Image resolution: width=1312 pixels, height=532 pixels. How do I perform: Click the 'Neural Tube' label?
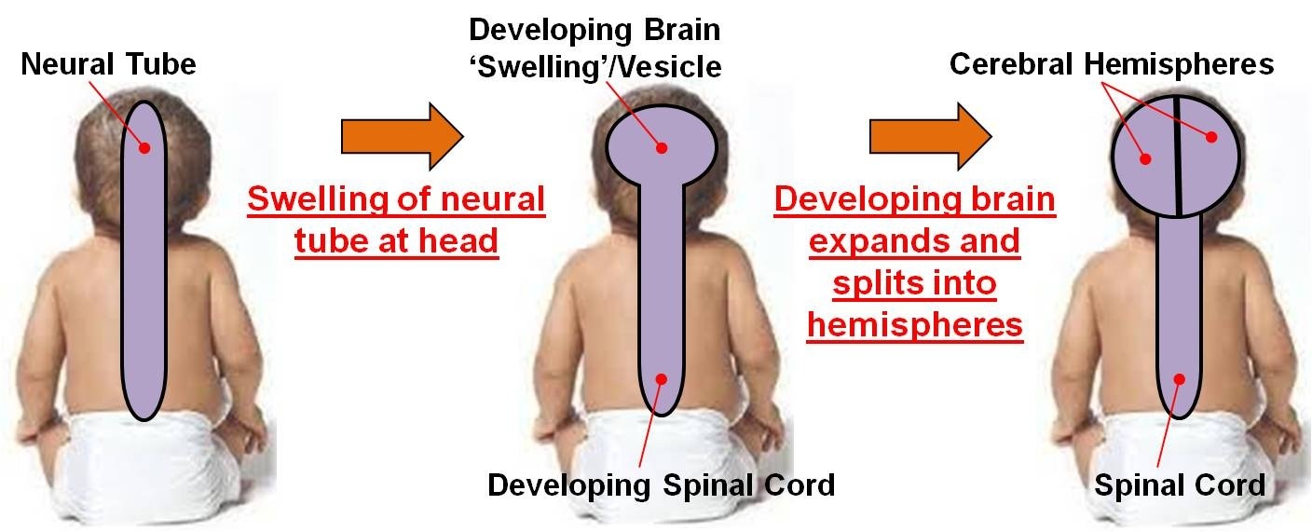tap(108, 65)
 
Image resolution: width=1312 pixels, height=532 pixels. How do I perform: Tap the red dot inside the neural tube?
tap(144, 147)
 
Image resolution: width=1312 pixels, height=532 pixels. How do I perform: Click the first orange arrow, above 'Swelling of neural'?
tap(402, 136)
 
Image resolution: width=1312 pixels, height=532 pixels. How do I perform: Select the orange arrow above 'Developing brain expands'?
tap(929, 136)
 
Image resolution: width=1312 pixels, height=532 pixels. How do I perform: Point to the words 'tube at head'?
tap(396, 241)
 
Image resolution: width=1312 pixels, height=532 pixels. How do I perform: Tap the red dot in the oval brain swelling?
tap(662, 147)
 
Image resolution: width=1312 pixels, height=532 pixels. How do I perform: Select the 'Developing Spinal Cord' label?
tap(661, 485)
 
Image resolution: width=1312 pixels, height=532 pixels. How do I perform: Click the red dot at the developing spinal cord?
tap(662, 378)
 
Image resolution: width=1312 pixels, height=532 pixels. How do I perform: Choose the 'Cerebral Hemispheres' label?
tap(1112, 64)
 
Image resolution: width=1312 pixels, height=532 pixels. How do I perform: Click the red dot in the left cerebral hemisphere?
tap(1146, 158)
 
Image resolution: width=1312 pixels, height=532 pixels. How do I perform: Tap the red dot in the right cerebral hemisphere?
tap(1211, 138)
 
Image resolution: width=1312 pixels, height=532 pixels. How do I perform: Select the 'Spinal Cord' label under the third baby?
tap(1180, 485)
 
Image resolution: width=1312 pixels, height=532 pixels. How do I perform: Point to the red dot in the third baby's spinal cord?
tap(1179, 378)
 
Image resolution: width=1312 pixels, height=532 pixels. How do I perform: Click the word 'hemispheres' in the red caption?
tap(915, 325)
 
